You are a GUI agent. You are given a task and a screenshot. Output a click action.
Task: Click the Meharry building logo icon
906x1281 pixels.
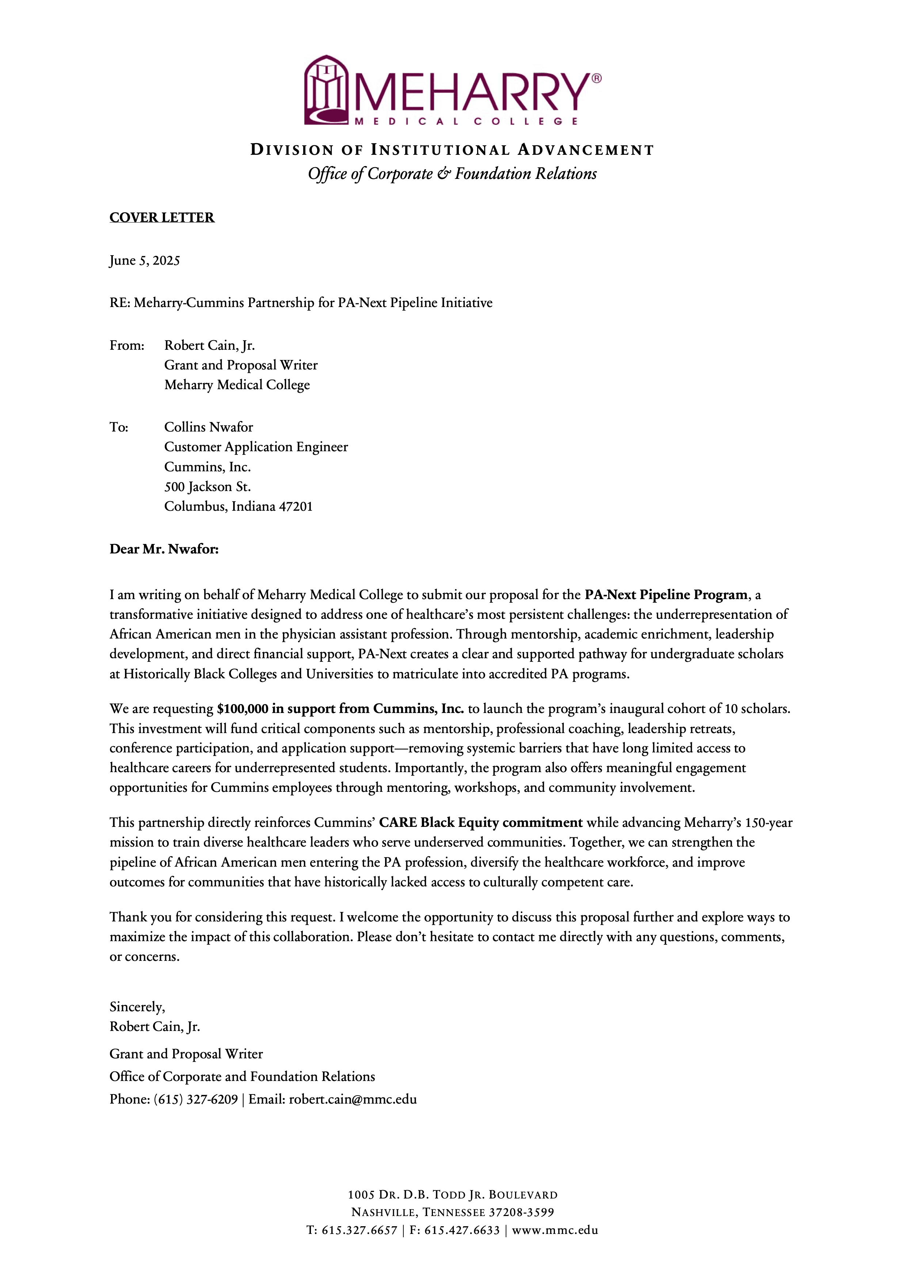[327, 90]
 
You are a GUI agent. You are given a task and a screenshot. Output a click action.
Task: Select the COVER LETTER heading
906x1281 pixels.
[162, 218]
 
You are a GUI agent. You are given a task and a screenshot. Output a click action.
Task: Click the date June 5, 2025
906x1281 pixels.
[145, 261]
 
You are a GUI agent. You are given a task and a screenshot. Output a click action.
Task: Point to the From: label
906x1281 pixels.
[127, 345]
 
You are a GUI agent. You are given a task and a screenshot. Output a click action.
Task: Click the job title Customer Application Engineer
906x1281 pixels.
[256, 447]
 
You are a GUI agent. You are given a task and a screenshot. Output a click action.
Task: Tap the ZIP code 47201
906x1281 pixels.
[296, 507]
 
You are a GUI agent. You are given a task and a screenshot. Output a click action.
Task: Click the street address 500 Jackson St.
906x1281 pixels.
[207, 487]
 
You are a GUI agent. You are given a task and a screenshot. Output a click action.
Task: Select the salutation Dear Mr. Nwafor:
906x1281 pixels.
[164, 549]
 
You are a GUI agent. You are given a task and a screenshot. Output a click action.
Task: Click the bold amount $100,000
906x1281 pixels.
[243, 709]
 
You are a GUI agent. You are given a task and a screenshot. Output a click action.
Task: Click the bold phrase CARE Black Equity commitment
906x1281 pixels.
[481, 822]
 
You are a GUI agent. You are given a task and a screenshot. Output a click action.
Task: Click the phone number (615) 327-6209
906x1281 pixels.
[196, 1099]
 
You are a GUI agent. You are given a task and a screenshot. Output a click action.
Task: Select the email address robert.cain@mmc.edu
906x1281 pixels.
[353, 1099]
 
